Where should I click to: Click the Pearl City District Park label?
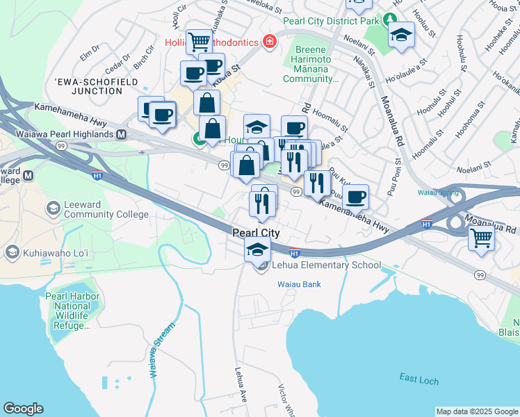(336, 21)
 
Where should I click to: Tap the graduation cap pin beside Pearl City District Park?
(401, 35)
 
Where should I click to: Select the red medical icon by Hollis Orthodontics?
(268, 42)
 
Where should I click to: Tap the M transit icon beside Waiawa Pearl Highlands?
(122, 133)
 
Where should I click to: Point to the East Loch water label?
(419, 377)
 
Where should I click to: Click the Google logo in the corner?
(23, 409)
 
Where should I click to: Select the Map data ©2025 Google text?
(476, 411)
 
